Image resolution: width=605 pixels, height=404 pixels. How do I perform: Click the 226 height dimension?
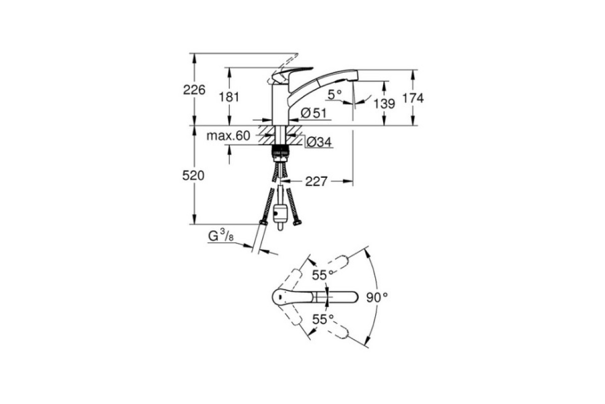194,89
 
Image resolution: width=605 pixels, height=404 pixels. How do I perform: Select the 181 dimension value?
229,97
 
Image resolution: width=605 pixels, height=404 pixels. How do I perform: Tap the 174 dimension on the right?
413,98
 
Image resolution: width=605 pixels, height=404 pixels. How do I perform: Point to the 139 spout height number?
384,104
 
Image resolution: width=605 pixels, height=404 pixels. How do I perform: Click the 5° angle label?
335,94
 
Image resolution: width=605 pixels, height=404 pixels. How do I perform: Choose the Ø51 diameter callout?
314,113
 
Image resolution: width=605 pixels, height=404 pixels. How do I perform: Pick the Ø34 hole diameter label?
320,142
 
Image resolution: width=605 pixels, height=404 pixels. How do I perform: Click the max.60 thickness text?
228,135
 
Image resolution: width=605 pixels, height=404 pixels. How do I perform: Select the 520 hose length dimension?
194,176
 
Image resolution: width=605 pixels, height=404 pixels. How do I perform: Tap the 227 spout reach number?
316,181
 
